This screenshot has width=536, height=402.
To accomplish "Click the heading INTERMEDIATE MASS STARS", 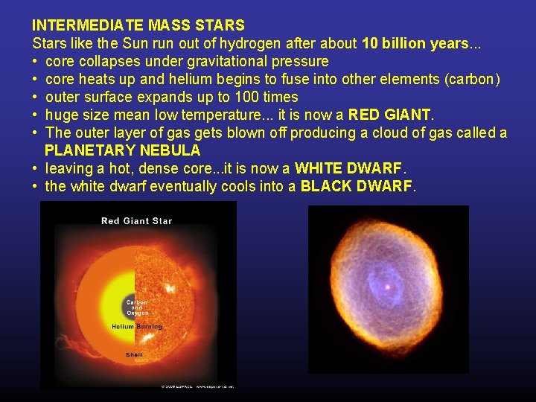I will pyautogui.click(x=138, y=26).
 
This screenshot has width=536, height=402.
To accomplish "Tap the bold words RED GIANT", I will pyautogui.click(x=390, y=115).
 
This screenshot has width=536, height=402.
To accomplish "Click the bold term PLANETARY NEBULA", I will pyautogui.click(x=122, y=150).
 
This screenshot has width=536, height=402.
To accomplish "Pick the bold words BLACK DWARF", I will pyautogui.click(x=356, y=186).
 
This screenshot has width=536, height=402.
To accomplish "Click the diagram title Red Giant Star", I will pyautogui.click(x=136, y=220).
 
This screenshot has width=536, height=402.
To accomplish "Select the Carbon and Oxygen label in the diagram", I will pyautogui.click(x=136, y=307).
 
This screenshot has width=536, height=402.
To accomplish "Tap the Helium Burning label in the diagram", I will pyautogui.click(x=136, y=327).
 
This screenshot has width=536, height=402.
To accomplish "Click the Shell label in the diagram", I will pyautogui.click(x=134, y=354).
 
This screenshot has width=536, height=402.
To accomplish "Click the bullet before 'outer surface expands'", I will pyautogui.click(x=36, y=98).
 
